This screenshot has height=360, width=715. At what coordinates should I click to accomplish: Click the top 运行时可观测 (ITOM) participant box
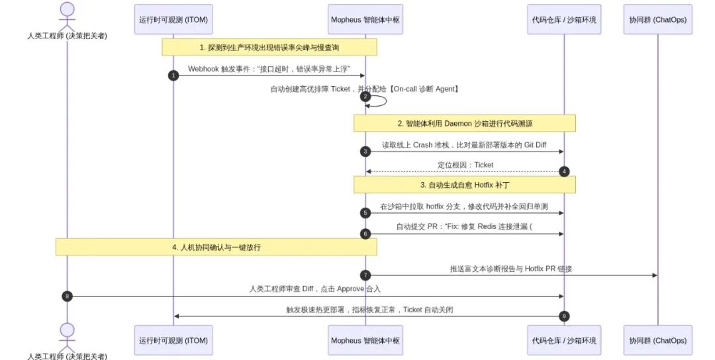(173, 20)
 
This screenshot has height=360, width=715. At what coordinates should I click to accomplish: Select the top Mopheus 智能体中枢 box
(365, 20)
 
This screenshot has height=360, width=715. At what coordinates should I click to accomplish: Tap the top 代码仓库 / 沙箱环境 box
(564, 20)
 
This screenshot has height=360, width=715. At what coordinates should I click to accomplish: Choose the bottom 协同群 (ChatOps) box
(657, 340)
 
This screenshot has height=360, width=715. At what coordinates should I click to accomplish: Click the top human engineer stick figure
(67, 17)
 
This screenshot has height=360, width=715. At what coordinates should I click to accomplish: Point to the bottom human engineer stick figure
(67, 337)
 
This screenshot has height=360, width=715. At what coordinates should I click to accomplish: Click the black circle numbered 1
(173, 75)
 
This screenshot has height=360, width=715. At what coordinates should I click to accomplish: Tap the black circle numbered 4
(564, 172)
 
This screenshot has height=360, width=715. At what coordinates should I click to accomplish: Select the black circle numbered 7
(365, 275)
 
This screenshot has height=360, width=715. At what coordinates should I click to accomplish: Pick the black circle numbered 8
(67, 296)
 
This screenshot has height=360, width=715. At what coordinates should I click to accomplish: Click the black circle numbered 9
(564, 316)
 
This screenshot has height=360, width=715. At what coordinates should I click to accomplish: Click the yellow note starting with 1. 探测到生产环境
(269, 48)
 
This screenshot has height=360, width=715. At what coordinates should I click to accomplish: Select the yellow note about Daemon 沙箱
(465, 124)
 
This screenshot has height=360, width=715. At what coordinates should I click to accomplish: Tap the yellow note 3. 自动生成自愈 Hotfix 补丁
(465, 185)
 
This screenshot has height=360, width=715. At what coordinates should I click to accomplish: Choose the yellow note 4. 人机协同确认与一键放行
(216, 247)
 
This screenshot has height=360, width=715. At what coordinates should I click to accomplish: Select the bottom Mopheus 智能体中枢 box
(365, 340)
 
